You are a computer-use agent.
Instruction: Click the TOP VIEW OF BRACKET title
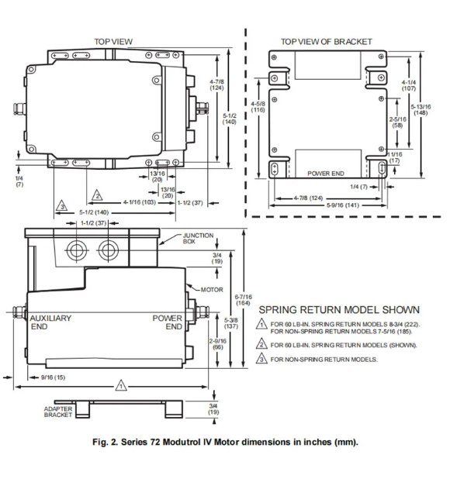click(x=326, y=41)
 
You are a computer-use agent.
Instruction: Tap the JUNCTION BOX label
click(x=198, y=238)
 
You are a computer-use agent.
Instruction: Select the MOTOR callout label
click(x=212, y=289)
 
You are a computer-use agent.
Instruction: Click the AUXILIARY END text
click(x=50, y=322)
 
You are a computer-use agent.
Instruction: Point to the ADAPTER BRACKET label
click(x=58, y=412)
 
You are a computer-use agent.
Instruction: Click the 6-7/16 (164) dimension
click(x=243, y=300)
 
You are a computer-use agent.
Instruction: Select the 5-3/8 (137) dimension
click(x=231, y=323)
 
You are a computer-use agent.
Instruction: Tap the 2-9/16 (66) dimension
click(x=217, y=344)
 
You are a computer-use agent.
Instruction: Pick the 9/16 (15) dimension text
click(x=53, y=377)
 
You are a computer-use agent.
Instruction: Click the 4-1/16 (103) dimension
click(x=140, y=202)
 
